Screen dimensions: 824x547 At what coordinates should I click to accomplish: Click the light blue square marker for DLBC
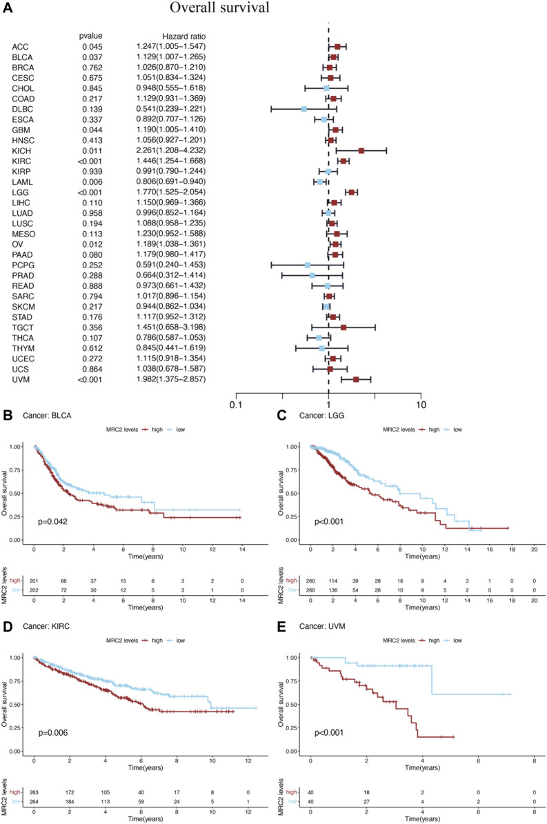point(304,109)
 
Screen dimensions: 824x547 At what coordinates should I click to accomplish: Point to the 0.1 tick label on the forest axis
point(236,405)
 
